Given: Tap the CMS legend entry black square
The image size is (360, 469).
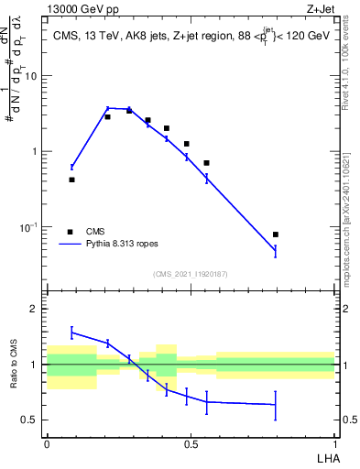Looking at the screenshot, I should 69,232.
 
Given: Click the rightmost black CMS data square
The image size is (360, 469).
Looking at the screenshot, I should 276,234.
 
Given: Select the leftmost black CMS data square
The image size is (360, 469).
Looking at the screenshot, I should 71,180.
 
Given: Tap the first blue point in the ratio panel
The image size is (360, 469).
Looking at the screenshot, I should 71,333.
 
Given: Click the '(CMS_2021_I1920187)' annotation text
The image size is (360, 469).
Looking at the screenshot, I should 191,273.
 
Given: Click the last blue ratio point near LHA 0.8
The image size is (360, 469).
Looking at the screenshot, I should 276,404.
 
